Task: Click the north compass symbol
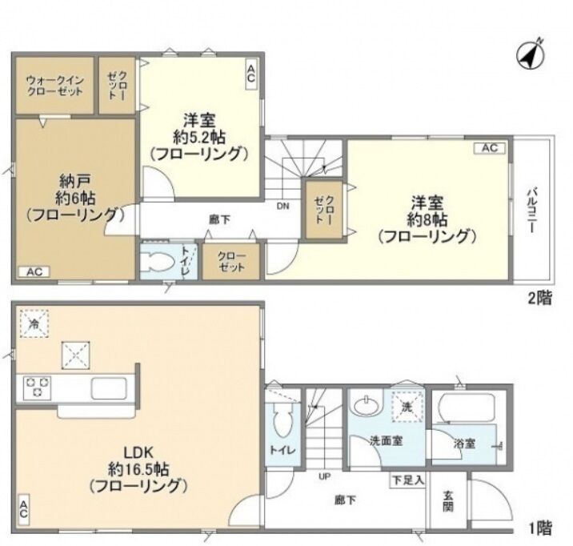click(531, 54)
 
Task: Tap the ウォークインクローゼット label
click(55, 85)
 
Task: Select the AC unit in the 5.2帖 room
click(251, 74)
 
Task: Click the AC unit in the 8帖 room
click(490, 148)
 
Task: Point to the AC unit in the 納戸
click(34, 272)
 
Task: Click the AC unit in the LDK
click(23, 510)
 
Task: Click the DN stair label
click(282, 206)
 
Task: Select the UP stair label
click(324, 476)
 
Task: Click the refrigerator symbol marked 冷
click(34, 323)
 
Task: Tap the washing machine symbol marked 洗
click(407, 407)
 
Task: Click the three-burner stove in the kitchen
click(38, 387)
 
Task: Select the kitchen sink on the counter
click(109, 388)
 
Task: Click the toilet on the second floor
click(158, 262)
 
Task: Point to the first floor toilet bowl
click(282, 420)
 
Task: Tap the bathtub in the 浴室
click(466, 407)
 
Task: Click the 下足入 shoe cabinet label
click(408, 480)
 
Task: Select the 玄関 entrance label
click(448, 501)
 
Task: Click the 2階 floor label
click(539, 298)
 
